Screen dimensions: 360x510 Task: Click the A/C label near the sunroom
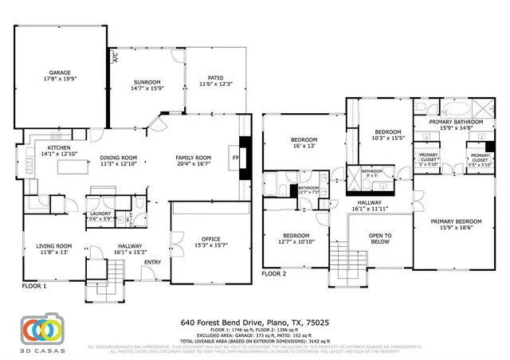tap(116, 58)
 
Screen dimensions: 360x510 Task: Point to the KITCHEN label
tap(60, 148)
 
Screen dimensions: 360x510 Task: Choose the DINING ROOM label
tap(119, 158)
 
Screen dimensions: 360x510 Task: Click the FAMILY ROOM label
tap(193, 158)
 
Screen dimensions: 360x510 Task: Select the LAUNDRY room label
tap(100, 213)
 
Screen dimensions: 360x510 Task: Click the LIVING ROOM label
tap(55, 246)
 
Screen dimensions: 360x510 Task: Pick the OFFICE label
tap(211, 239)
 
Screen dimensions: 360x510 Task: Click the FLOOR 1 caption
tap(34, 284)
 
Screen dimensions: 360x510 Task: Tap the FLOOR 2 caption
tap(274, 273)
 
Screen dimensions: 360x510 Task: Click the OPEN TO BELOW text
tap(380, 239)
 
